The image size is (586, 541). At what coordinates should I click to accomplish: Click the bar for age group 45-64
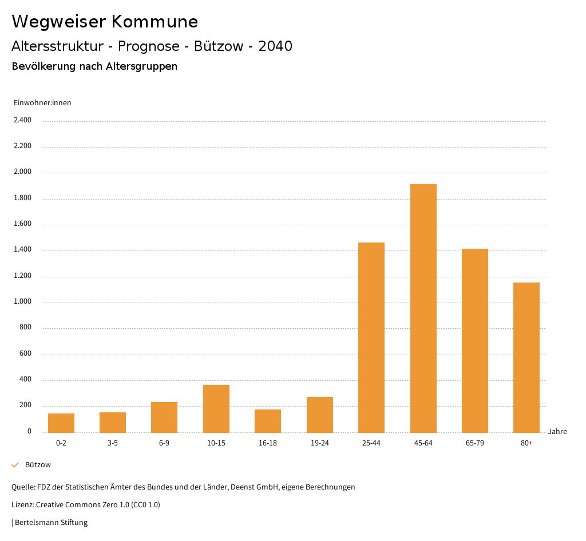(x=423, y=308)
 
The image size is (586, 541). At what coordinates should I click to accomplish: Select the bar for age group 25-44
(x=371, y=337)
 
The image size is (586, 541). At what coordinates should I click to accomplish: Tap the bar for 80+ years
(x=526, y=357)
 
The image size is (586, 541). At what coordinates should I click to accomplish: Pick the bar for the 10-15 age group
(x=216, y=409)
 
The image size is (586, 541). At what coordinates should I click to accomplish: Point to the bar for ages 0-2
(x=61, y=423)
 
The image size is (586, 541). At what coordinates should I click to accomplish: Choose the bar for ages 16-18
(x=268, y=421)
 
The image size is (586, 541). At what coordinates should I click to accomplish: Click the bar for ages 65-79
(x=475, y=341)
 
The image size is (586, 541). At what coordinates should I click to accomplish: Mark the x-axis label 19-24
(x=320, y=443)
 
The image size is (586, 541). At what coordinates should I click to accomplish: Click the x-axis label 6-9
(x=164, y=443)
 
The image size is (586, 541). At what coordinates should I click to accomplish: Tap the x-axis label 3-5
(x=113, y=443)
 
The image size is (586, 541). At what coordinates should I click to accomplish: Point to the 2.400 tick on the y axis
(x=22, y=120)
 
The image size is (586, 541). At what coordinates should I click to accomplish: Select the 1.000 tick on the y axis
(x=22, y=302)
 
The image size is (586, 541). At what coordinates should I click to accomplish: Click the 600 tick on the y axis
(x=25, y=354)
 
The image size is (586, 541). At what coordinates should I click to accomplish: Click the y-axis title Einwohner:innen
(x=42, y=103)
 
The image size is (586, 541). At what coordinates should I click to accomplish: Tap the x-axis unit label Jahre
(x=557, y=432)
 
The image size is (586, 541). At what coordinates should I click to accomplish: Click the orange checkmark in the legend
(x=15, y=465)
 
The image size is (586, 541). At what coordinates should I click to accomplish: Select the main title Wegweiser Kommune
(x=105, y=22)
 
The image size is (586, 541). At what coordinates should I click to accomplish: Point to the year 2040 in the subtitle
(x=275, y=46)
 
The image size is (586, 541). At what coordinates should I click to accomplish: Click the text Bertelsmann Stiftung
(x=51, y=523)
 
